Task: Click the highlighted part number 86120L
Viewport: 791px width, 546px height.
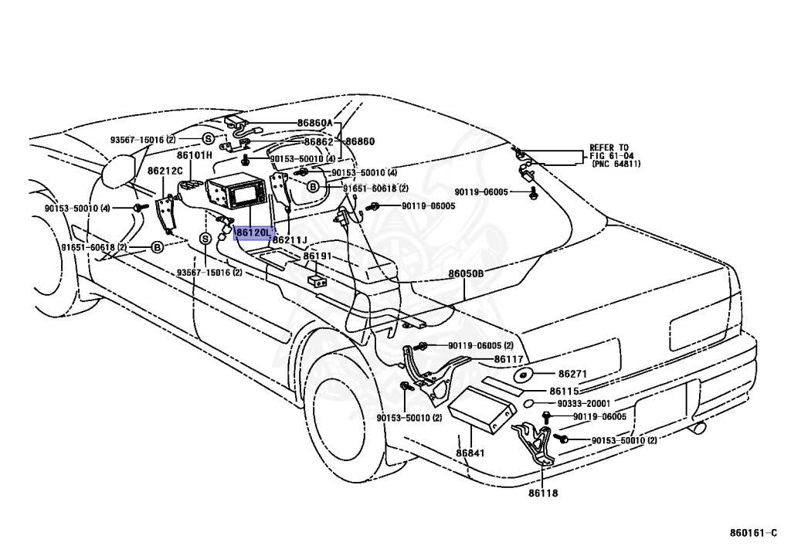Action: click(254, 232)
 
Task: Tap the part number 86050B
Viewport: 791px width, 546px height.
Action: click(466, 273)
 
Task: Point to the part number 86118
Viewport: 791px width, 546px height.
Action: click(543, 492)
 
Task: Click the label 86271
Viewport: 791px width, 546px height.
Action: click(573, 374)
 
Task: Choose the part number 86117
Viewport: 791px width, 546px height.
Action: click(509, 358)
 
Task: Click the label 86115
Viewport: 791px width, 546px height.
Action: click(564, 391)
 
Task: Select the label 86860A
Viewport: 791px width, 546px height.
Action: click(314, 123)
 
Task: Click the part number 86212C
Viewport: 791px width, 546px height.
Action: click(165, 170)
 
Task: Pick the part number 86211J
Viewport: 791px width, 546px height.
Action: click(290, 240)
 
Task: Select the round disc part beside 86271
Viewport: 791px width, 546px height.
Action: click(524, 375)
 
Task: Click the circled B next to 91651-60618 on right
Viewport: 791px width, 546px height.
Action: click(314, 187)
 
